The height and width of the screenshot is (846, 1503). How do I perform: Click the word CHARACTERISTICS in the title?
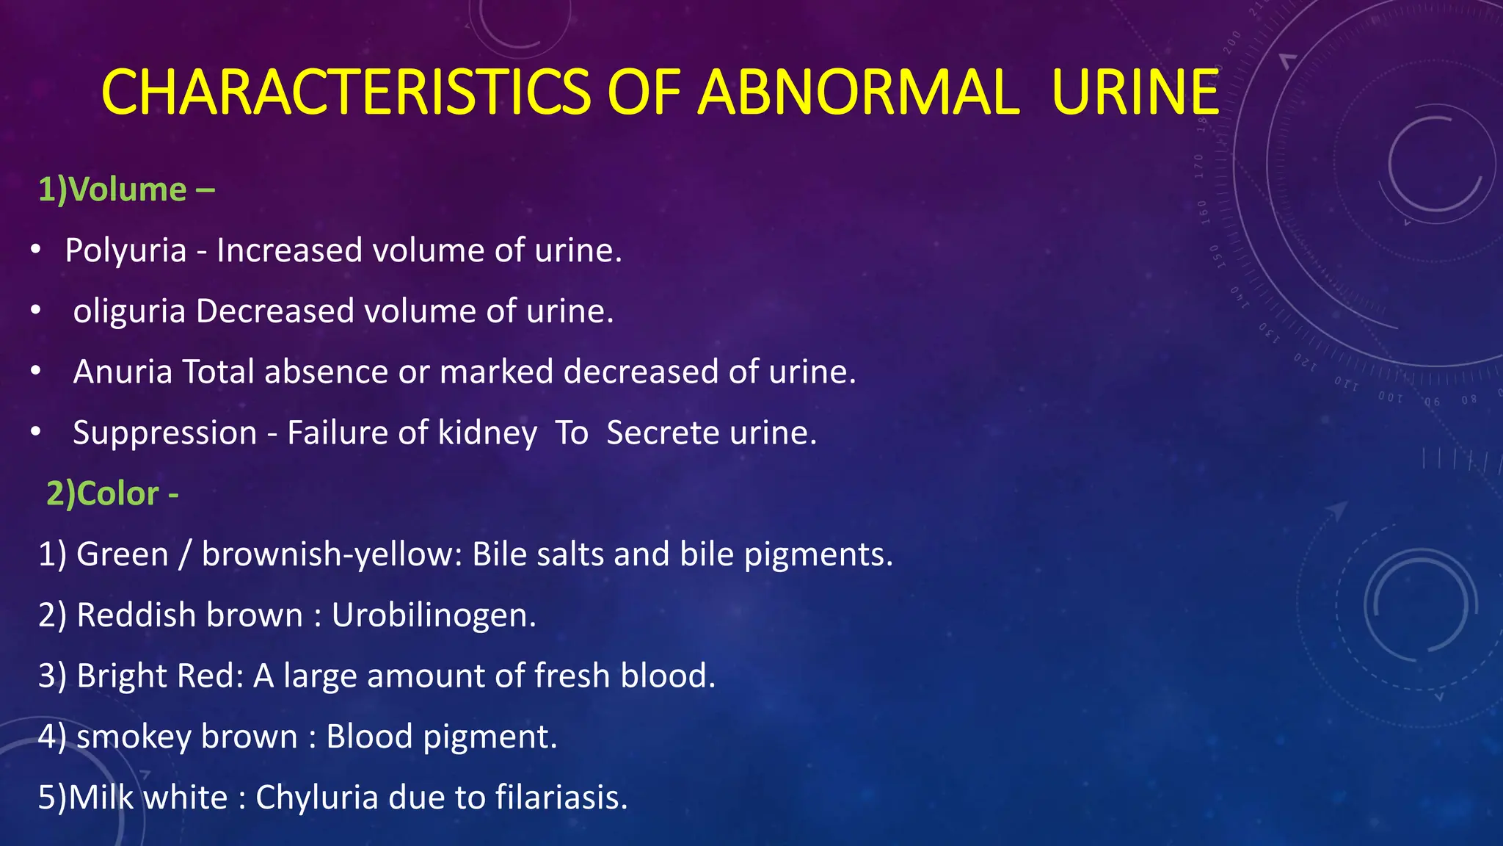coord(345,92)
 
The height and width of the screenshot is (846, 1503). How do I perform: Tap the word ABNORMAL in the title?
coord(858,92)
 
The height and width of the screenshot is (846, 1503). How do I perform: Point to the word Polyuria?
coord(125,251)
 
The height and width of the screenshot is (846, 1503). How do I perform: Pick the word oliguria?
coord(129,312)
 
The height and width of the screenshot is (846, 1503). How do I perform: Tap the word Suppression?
coord(164,433)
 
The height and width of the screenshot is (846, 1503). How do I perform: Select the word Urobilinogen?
coord(433,615)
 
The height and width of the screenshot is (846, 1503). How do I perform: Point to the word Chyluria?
coord(316,798)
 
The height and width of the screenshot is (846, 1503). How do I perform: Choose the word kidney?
coord(487,433)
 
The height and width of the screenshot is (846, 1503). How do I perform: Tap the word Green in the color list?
coord(123,554)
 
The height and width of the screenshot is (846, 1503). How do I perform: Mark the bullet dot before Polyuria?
coord(35,250)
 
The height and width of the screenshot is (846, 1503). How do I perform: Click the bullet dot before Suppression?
coord(35,433)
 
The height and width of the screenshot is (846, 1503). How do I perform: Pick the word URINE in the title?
coord(1135,92)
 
